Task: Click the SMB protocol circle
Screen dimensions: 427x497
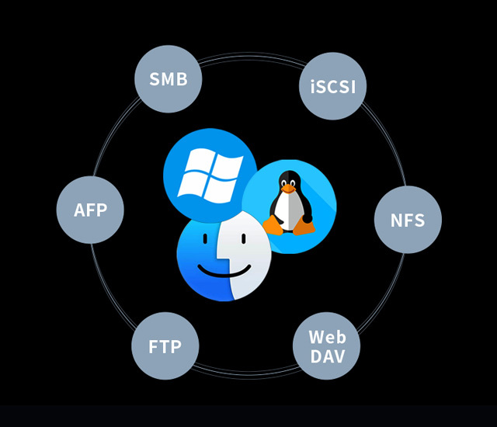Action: [169, 79]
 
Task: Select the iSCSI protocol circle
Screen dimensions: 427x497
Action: [332, 85]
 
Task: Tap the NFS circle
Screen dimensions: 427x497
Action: [408, 220]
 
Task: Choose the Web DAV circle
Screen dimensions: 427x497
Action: [327, 346]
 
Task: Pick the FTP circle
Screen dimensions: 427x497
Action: [165, 346]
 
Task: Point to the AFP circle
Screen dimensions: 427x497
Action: [90, 210]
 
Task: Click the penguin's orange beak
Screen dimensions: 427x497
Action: [289, 189]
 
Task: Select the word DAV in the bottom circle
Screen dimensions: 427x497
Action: [327, 356]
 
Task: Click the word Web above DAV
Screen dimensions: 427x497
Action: [327, 338]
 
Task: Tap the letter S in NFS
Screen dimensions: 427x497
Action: [419, 220]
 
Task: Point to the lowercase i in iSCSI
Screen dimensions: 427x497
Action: [312, 86]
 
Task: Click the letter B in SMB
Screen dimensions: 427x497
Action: [182, 79]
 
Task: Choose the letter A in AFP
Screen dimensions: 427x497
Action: [78, 210]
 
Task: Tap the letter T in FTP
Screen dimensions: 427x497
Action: [164, 346]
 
